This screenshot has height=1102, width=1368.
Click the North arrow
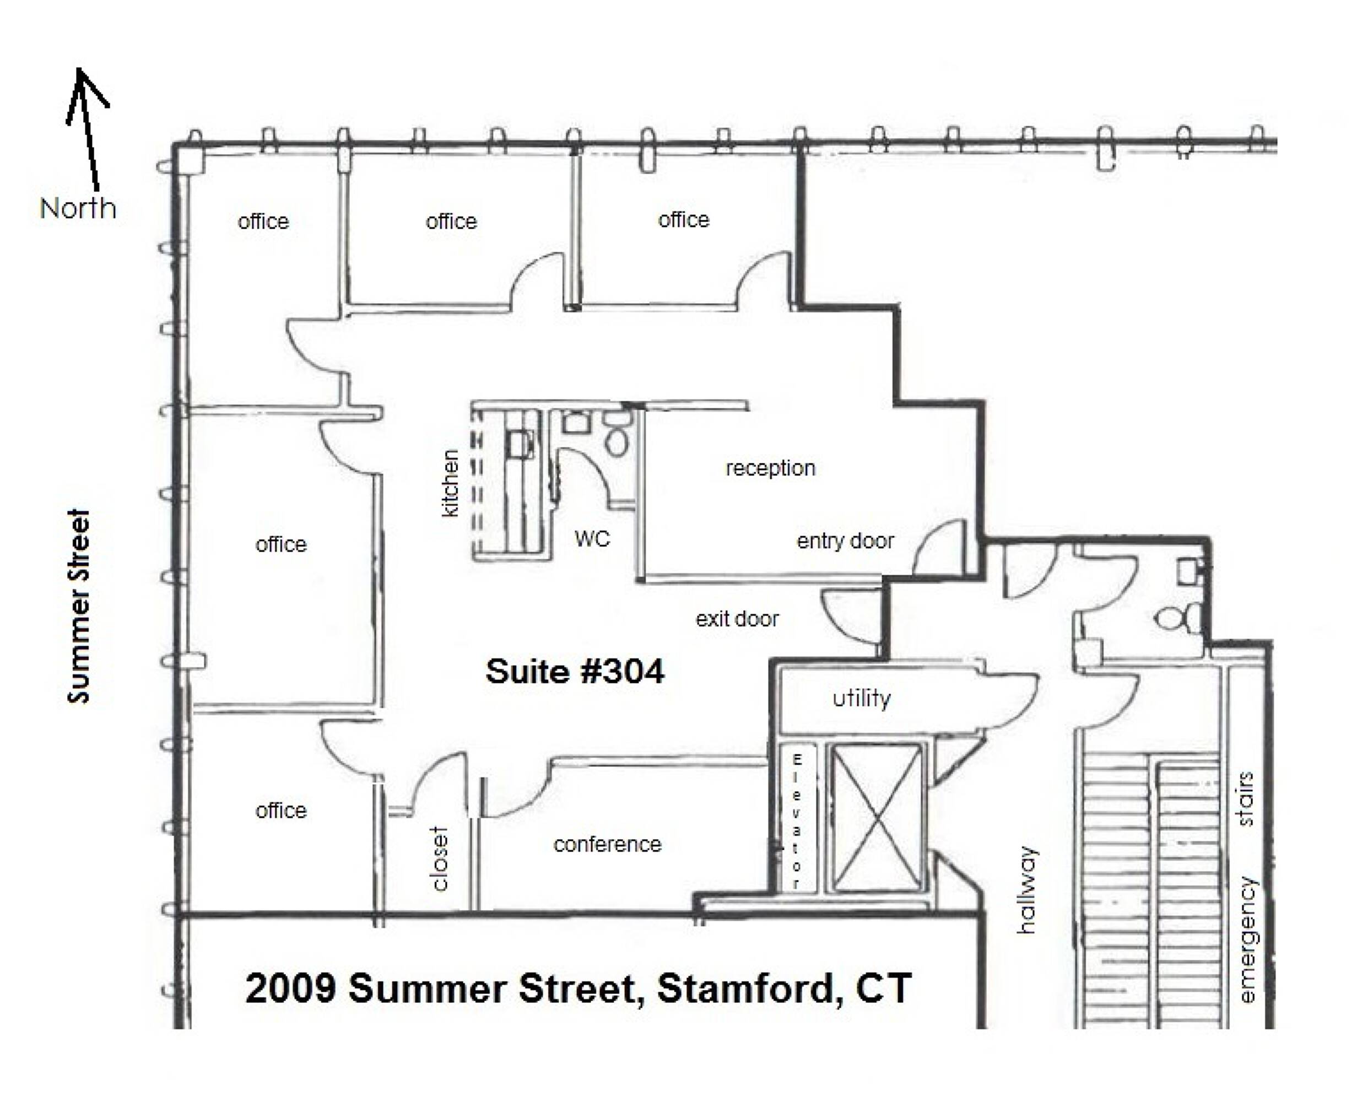click(88, 127)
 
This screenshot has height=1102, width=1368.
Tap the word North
click(78, 208)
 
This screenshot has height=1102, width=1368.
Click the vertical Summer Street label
click(79, 606)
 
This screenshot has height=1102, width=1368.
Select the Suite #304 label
click(575, 671)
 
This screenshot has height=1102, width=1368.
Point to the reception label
click(771, 468)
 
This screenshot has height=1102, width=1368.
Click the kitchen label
click(450, 484)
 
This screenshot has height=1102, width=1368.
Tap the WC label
click(592, 539)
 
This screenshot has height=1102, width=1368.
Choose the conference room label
click(608, 844)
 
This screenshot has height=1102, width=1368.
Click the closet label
click(439, 858)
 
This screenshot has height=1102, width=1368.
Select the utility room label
click(862, 698)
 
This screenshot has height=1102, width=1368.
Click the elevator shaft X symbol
click(876, 818)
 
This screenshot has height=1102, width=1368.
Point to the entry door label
click(845, 541)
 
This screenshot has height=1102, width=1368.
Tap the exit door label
click(737, 618)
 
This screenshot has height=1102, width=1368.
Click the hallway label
click(1026, 890)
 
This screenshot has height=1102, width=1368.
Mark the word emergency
click(1247, 939)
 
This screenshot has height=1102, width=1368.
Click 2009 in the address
click(290, 988)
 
